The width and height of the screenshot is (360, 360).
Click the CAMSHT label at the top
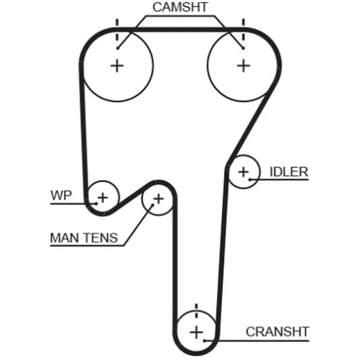180,7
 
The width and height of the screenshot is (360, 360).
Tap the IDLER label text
289,172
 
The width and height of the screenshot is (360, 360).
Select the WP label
61,196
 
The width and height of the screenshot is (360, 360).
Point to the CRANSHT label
277,332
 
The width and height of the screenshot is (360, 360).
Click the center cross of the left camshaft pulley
117,66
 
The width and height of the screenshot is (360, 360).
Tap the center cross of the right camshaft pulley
244,66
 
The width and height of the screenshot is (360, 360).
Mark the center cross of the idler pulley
244,172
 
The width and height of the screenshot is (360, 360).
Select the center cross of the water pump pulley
103,198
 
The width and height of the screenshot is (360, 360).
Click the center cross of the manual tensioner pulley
158,199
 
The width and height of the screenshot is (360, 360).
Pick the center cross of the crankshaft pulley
196,332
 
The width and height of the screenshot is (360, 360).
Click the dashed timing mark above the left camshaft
117,30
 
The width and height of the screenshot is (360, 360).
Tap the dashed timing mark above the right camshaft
244,30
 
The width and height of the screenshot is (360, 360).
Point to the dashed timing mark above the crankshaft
196,311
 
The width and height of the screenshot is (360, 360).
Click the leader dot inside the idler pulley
250,179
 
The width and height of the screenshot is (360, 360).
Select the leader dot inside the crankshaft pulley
204,341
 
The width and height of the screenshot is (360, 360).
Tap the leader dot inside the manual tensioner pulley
152,205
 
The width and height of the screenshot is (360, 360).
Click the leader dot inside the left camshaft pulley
118,48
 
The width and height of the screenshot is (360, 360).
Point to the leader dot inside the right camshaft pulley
243,48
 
